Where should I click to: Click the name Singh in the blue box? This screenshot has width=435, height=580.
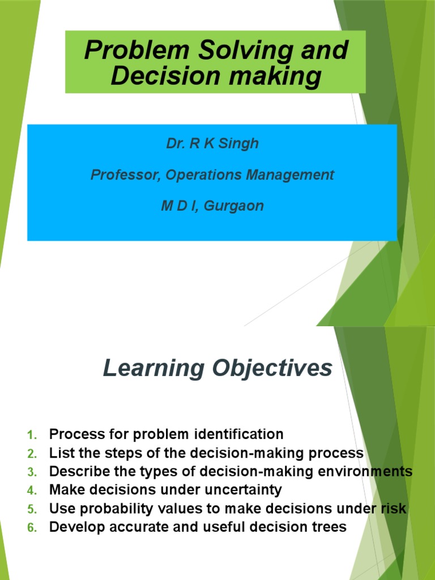241,144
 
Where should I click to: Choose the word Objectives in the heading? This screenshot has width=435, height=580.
271,369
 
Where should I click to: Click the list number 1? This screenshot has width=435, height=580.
32,436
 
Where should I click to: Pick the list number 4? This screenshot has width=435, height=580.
32,490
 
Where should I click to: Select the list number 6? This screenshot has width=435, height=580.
32,527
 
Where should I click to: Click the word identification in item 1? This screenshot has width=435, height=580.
238,434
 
